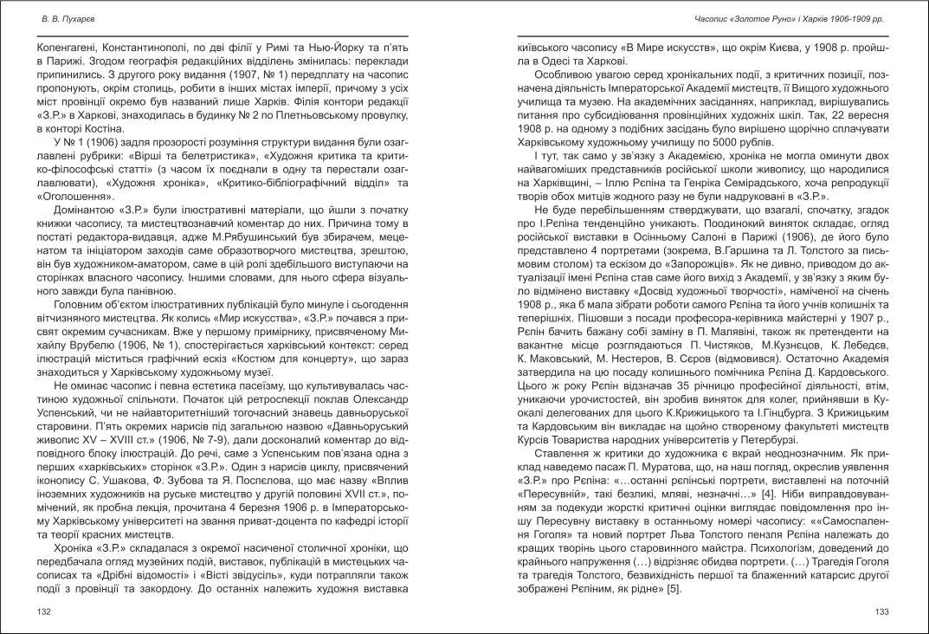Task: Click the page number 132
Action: [44, 611]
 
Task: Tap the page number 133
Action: [881, 611]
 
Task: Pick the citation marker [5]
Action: [674, 590]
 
